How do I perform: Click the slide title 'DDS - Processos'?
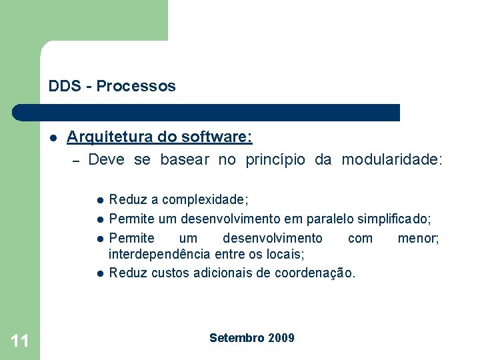click(x=112, y=86)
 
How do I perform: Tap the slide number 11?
click(x=20, y=341)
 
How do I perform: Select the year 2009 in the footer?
click(x=281, y=338)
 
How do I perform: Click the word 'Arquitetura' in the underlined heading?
click(x=110, y=137)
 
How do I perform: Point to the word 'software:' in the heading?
click(x=221, y=137)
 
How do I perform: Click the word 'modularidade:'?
click(x=392, y=160)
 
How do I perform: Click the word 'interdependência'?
click(x=157, y=254)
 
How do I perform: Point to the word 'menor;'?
click(x=418, y=238)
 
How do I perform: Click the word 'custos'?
click(x=170, y=273)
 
